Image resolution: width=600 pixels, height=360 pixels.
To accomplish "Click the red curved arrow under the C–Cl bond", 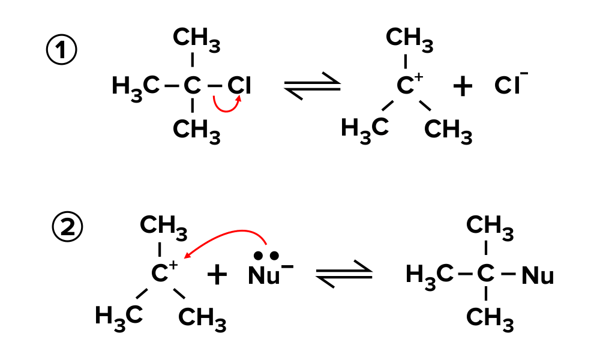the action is click(x=227, y=106).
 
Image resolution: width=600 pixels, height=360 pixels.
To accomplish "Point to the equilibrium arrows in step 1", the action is click(x=312, y=88).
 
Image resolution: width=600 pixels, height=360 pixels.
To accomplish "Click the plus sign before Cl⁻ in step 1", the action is click(x=463, y=88).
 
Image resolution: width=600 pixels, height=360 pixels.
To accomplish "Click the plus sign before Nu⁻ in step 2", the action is click(x=217, y=276).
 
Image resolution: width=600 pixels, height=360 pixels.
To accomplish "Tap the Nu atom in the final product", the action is click(x=538, y=276).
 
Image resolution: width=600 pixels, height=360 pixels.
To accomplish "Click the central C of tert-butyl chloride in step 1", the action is click(x=191, y=86).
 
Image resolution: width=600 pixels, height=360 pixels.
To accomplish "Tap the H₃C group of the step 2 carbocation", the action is click(x=118, y=316).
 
